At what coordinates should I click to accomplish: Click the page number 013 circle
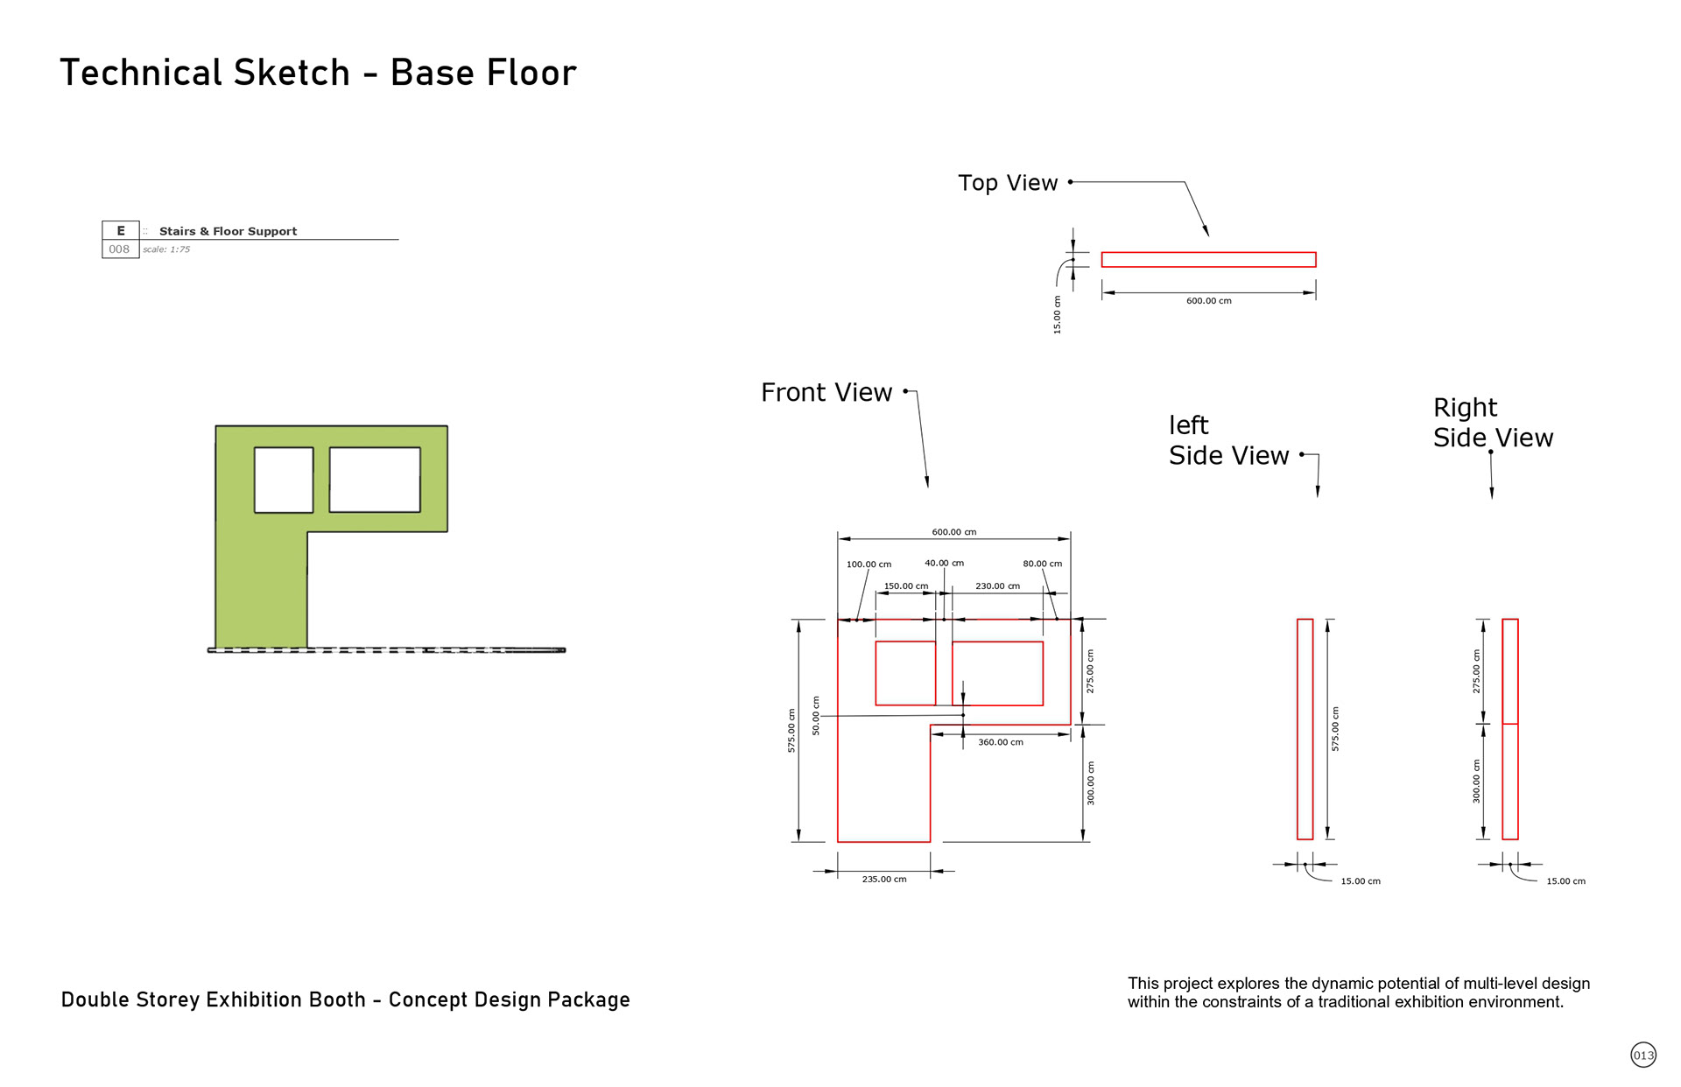click(x=1643, y=1055)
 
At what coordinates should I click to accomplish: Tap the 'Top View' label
click(x=1008, y=183)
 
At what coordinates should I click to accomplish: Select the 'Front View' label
click(x=826, y=393)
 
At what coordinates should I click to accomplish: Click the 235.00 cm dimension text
click(x=884, y=879)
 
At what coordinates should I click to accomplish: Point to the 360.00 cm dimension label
click(x=1000, y=742)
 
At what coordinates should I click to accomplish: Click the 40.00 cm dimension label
click(x=944, y=563)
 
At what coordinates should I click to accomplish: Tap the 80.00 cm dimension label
click(x=1042, y=564)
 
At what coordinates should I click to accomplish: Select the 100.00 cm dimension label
click(x=869, y=565)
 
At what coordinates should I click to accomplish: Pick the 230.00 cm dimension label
click(x=997, y=586)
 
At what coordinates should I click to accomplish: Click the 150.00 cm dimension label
click(x=905, y=586)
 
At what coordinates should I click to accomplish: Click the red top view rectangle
click(x=1208, y=259)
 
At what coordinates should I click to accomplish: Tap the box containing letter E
click(x=121, y=230)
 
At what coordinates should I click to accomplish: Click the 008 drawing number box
click(x=120, y=249)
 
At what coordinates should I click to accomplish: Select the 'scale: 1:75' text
click(x=166, y=249)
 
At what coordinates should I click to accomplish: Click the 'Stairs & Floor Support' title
click(x=228, y=231)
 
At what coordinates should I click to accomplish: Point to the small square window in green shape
click(x=284, y=480)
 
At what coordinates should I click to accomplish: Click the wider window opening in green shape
click(x=375, y=480)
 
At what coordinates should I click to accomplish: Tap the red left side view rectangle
click(x=1305, y=729)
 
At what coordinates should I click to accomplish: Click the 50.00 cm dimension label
click(x=816, y=715)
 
